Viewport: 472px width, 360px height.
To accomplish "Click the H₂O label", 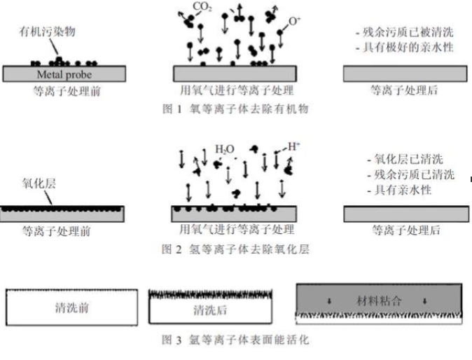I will pos(224,149).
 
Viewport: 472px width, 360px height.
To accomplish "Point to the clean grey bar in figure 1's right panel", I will pos(405,74).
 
